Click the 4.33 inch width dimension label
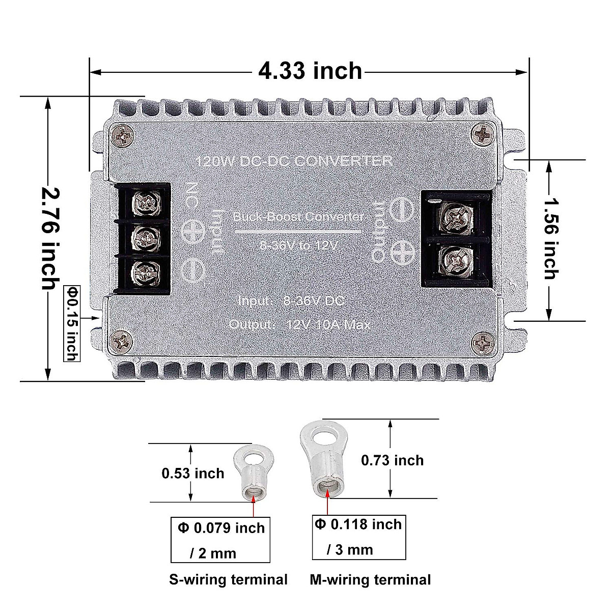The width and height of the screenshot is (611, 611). pyautogui.click(x=310, y=71)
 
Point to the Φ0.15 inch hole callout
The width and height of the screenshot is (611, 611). pyautogui.click(x=72, y=323)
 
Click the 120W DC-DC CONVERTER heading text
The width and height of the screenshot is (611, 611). pyautogui.click(x=294, y=161)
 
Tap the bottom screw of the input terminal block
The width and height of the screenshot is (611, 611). pyautogui.click(x=144, y=271)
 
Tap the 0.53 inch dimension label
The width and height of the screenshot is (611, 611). pyautogui.click(x=193, y=473)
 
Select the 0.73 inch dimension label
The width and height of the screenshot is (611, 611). pyautogui.click(x=392, y=460)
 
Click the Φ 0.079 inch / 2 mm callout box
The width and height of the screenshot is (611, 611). pyautogui.click(x=221, y=540)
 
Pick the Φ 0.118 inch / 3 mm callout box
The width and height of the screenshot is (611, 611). pyautogui.click(x=358, y=537)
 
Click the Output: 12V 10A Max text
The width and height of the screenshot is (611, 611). pyautogui.click(x=300, y=324)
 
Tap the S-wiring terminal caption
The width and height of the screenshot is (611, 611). pyautogui.click(x=229, y=579)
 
